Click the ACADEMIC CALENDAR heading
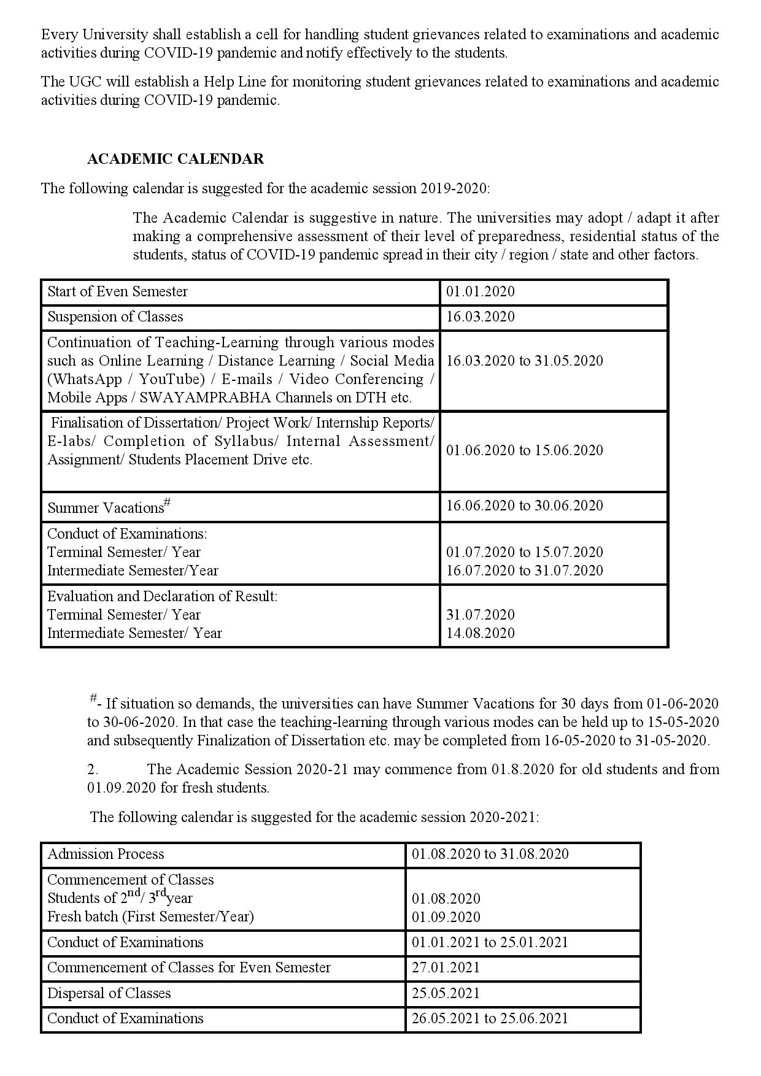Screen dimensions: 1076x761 (176, 159)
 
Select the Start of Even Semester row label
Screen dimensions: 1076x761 (117, 291)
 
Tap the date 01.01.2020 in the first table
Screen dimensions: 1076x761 (480, 291)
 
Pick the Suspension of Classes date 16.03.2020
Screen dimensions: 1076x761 (480, 317)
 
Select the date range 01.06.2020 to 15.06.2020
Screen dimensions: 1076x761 (524, 450)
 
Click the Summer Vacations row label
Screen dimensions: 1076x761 (106, 508)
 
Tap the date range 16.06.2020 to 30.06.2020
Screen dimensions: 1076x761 (524, 505)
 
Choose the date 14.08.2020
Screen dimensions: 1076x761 (480, 633)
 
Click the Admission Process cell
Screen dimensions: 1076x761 (106, 854)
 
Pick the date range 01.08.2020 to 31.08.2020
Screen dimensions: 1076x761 (490, 854)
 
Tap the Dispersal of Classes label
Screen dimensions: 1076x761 (109, 993)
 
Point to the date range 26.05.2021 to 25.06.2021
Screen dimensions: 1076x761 (490, 1018)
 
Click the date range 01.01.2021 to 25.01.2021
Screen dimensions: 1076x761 (490, 942)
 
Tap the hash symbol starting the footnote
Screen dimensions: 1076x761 (93, 698)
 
